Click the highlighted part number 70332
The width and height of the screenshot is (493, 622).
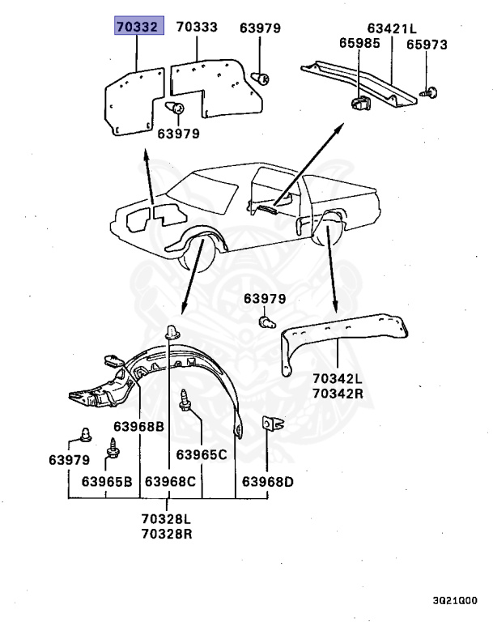click(138, 28)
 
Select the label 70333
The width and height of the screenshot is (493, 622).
click(197, 28)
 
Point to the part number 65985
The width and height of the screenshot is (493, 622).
click(358, 44)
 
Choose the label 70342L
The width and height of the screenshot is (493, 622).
click(338, 378)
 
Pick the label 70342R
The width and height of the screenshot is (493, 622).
click(338, 394)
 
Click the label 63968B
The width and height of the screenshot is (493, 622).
click(138, 427)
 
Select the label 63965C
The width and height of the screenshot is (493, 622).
click(202, 454)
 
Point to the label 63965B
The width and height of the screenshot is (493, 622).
click(106, 482)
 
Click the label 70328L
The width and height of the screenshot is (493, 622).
click(167, 518)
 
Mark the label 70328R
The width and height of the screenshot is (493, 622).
click(167, 534)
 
